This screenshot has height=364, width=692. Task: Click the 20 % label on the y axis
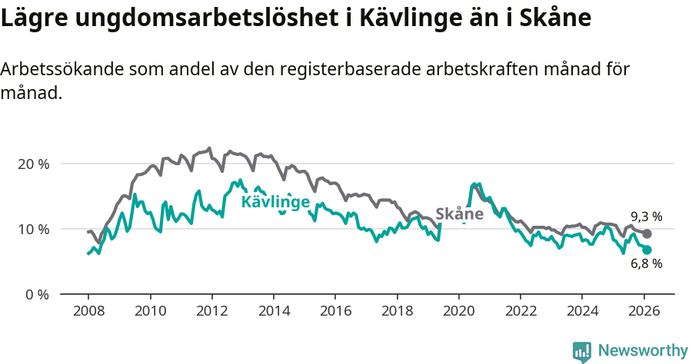click(x=33, y=164)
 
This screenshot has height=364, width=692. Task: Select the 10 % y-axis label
click(x=33, y=229)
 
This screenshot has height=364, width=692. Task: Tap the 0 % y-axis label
click(x=36, y=294)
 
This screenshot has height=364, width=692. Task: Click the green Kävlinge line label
click(x=275, y=202)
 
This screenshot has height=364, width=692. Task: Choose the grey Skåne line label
click(x=459, y=213)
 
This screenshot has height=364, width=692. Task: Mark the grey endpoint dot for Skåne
click(x=647, y=233)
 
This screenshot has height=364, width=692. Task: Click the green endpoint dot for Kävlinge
click(x=647, y=250)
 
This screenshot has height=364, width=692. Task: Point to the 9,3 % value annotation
click(x=646, y=217)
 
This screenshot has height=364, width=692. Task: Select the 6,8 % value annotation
click(x=646, y=263)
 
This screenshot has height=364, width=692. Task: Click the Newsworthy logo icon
click(x=582, y=352)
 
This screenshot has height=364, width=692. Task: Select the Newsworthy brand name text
click(x=642, y=351)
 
